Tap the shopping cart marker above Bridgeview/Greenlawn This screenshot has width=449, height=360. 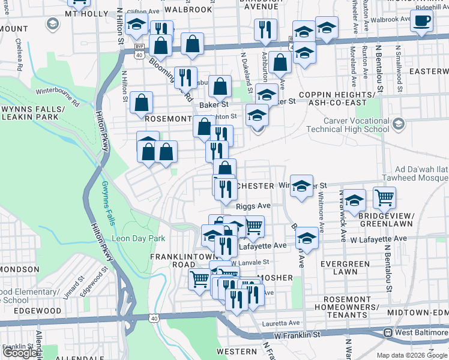click(384, 197)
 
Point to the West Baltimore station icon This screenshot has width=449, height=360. click(388, 332)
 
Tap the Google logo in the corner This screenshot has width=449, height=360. click(20, 353)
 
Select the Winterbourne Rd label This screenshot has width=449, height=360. click(58, 95)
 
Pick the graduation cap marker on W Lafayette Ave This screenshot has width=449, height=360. click(307, 238)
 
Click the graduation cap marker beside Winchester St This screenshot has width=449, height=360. click(301, 185)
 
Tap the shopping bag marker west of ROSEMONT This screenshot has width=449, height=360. click(141, 103)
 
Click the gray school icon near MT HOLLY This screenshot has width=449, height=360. click(52, 24)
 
